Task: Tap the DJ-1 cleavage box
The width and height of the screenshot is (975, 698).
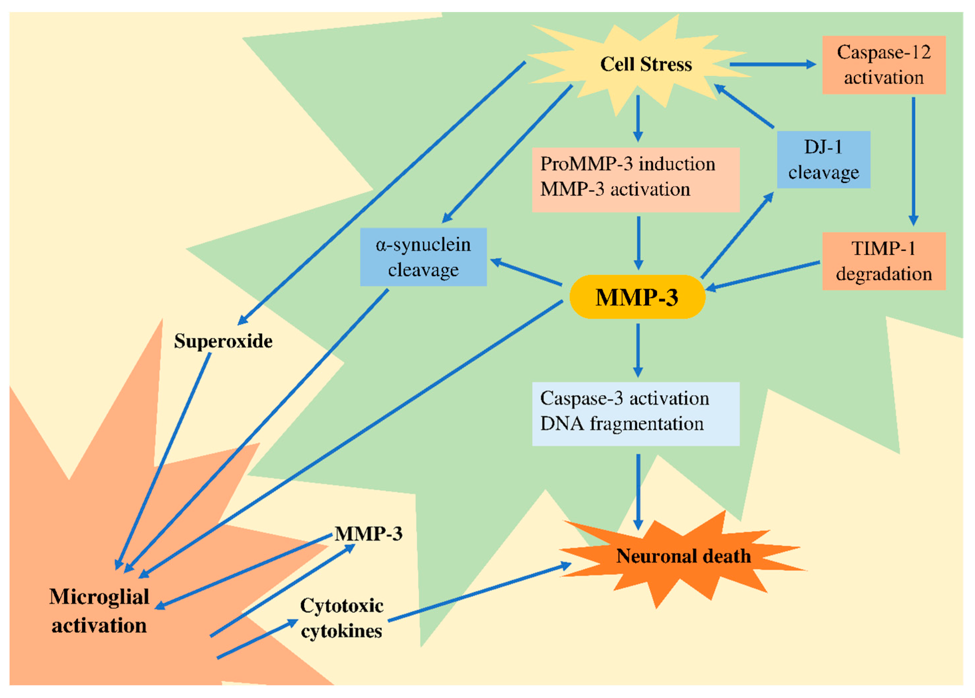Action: [x=823, y=160]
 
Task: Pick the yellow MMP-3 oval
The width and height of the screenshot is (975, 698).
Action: [x=637, y=297]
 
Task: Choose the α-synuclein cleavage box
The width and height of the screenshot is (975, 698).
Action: [x=423, y=257]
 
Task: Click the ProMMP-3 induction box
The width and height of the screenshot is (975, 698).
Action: [x=635, y=180]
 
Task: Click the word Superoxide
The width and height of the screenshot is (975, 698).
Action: [x=223, y=341]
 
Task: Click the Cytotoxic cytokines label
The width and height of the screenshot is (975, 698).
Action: [x=342, y=618]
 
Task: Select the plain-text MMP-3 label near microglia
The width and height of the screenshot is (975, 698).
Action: [x=368, y=534]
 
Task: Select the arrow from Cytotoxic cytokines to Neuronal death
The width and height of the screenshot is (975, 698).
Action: [x=479, y=592]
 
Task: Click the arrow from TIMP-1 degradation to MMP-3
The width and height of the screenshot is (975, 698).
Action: [x=762, y=275]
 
